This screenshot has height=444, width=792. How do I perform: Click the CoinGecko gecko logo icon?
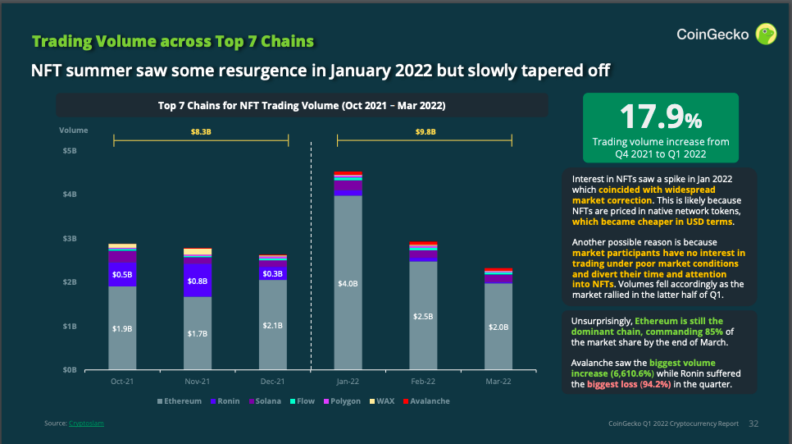pos(766,34)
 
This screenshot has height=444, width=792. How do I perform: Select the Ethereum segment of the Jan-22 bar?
pos(348,246)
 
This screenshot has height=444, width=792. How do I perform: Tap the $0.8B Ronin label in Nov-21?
pos(198,280)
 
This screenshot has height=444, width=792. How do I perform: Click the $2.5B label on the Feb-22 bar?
pos(423,315)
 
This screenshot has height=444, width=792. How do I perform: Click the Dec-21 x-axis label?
pos(272,382)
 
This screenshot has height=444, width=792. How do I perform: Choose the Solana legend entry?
pos(266,401)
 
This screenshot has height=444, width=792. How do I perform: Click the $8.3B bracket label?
pos(201,130)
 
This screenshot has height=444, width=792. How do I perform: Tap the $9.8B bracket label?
pos(425,130)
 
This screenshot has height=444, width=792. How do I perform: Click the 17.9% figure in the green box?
pos(660,118)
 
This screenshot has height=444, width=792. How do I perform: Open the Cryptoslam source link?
pos(86,423)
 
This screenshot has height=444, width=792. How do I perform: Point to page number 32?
pos(753,423)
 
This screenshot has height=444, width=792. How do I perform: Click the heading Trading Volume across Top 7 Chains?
pos(172,42)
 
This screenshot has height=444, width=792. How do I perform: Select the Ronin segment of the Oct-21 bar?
pos(122,274)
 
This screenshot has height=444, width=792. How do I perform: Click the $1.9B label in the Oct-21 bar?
pos(122,327)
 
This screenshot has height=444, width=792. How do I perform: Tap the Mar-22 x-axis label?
pos(498,382)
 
